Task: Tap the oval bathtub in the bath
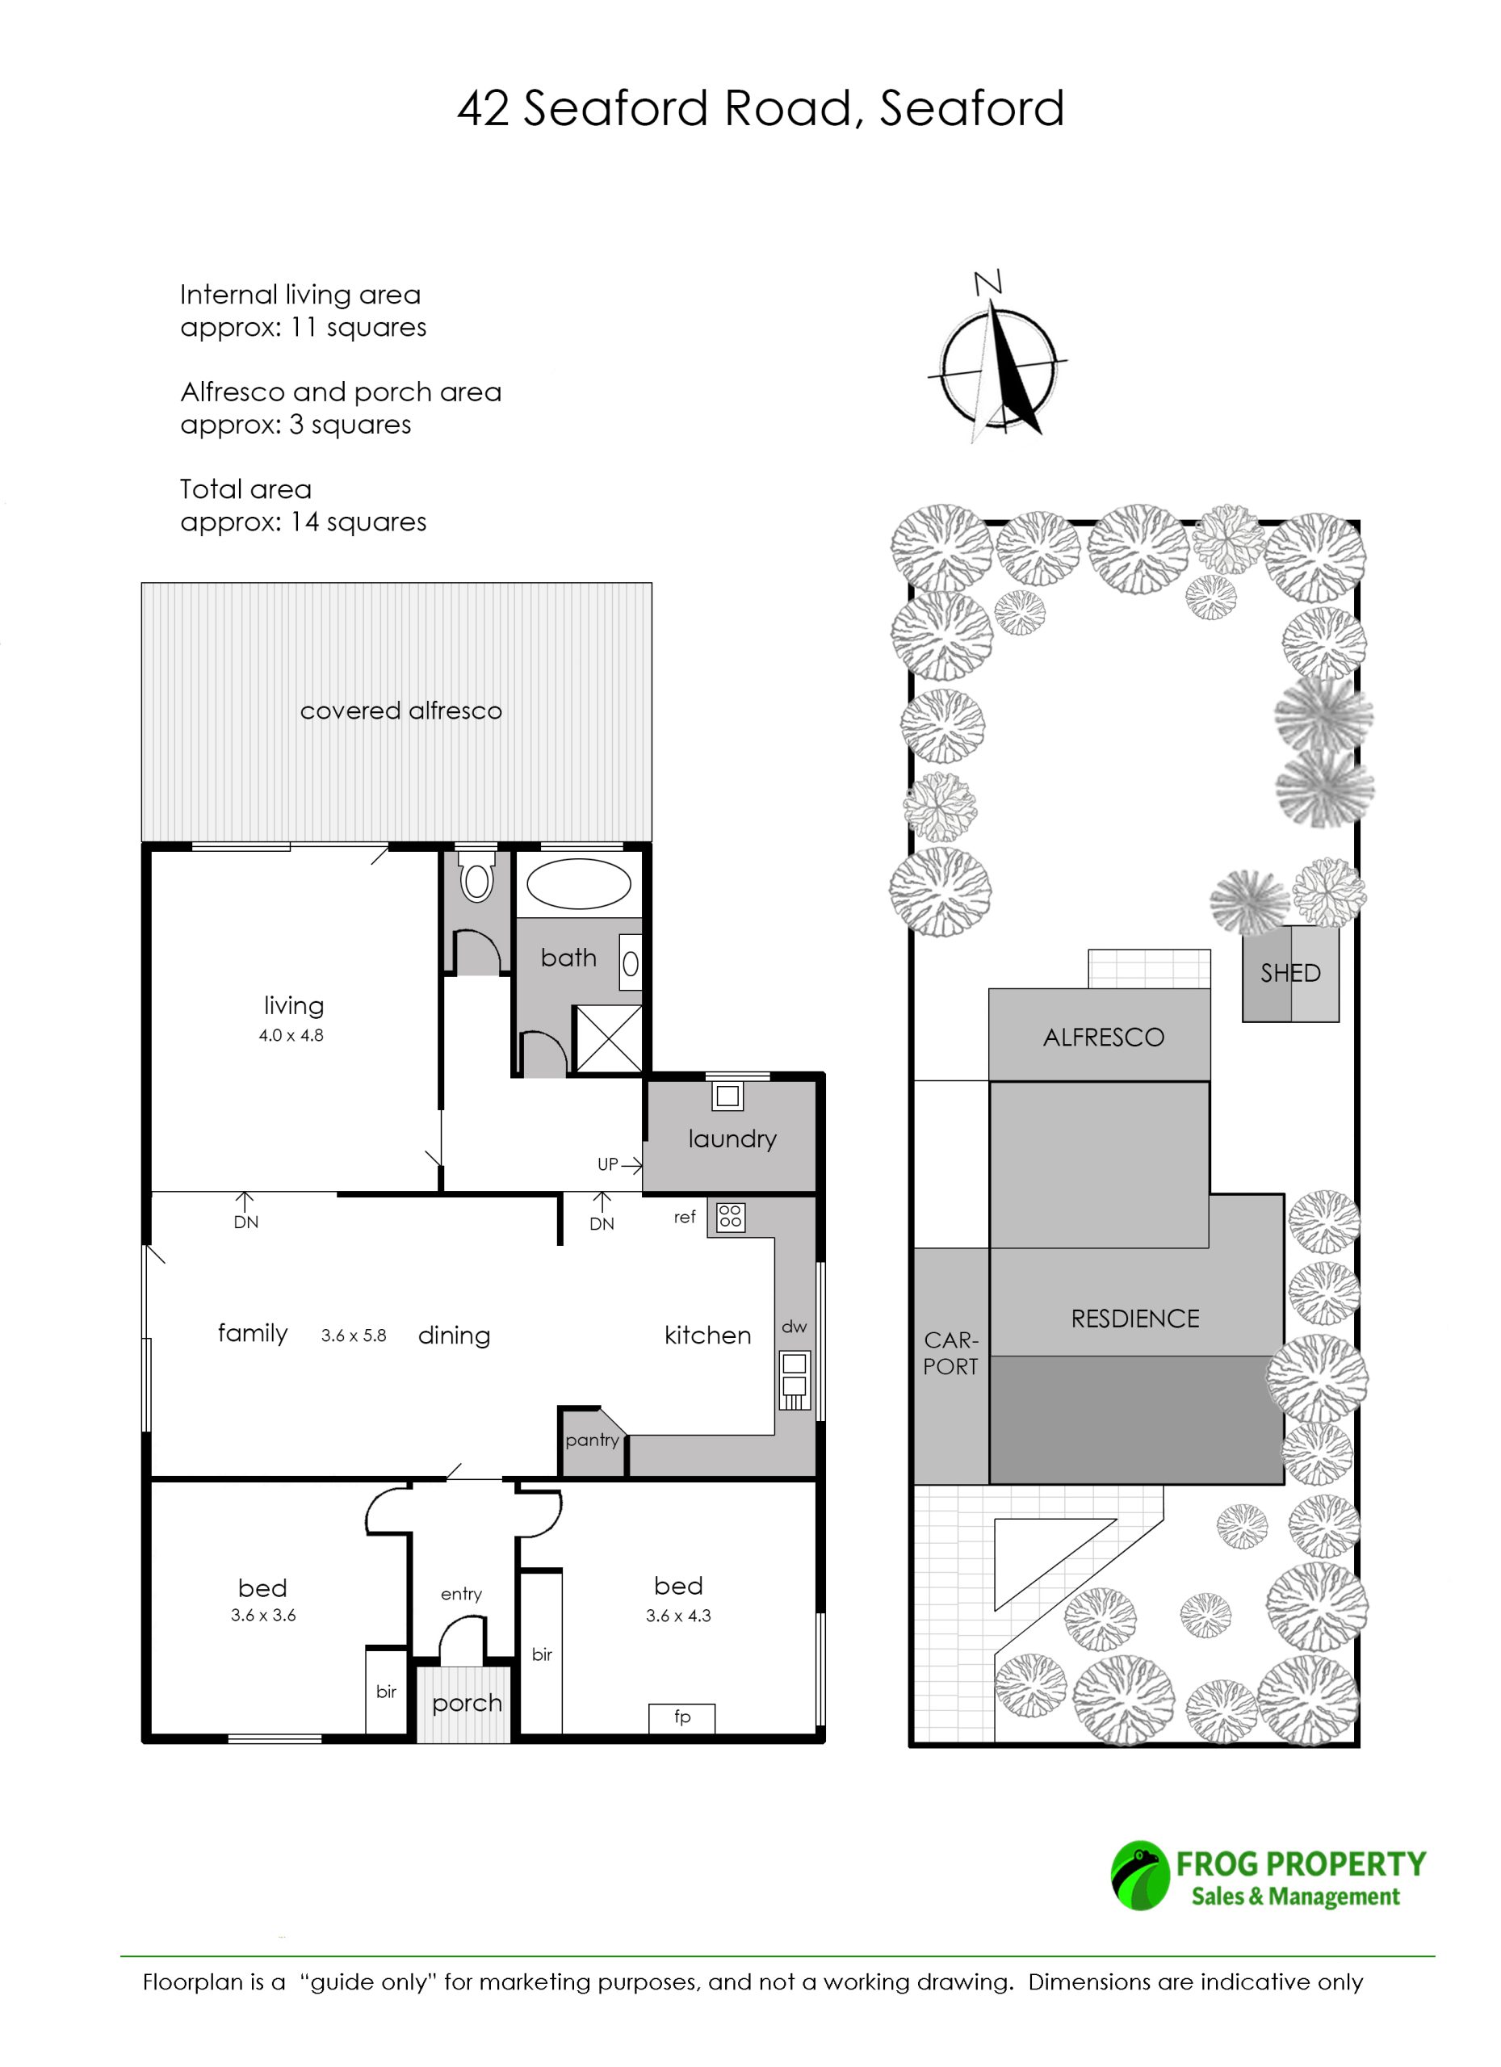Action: click(x=579, y=883)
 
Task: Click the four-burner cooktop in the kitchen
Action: click(x=730, y=1217)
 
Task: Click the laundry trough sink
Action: click(x=727, y=1096)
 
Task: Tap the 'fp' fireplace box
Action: click(x=681, y=1717)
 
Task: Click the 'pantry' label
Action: click(x=593, y=1441)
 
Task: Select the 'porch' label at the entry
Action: click(x=467, y=1704)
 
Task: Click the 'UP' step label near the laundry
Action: click(x=608, y=1163)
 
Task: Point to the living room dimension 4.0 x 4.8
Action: click(x=291, y=1035)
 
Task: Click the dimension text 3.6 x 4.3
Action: click(x=678, y=1616)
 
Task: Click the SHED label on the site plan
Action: click(x=1290, y=974)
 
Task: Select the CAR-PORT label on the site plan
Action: click(x=950, y=1353)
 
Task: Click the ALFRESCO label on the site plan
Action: click(x=1104, y=1038)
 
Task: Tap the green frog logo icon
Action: click(x=1139, y=1876)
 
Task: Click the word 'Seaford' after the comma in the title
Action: click(x=971, y=108)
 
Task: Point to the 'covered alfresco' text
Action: click(x=401, y=711)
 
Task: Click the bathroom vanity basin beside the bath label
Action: click(x=631, y=962)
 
